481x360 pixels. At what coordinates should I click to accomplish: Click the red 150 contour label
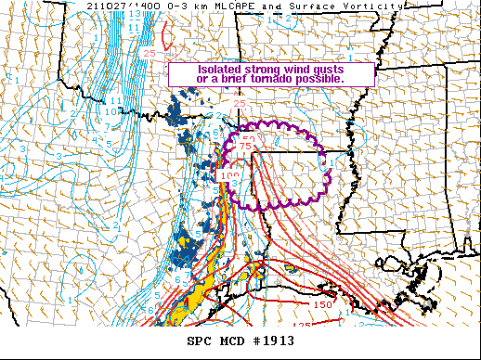(x=322, y=304)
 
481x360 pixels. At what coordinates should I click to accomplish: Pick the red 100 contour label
(x=228, y=174)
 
